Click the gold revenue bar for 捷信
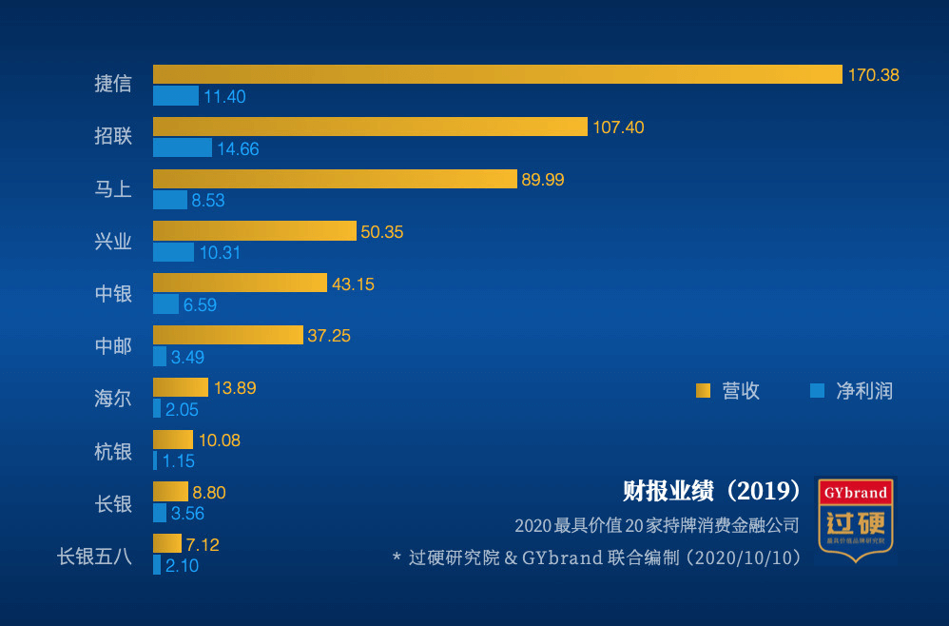497,74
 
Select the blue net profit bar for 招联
183,147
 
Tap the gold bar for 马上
335,179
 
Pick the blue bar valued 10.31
173,252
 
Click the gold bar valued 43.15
240,283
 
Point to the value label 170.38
873,75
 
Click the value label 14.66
238,149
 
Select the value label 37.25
329,336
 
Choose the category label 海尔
113,399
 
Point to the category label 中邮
113,346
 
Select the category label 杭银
113,451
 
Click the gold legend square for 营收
704,390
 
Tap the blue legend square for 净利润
816,390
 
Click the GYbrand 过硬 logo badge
856,519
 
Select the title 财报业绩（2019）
712,492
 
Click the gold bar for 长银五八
166,543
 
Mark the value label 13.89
235,388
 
